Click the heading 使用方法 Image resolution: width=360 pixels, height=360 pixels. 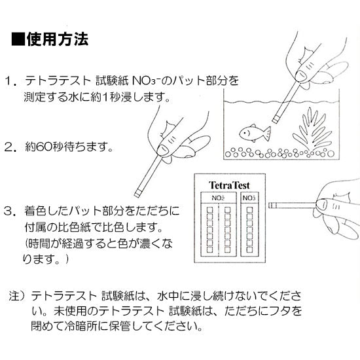pos(58,40)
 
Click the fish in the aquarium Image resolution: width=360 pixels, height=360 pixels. pos(252,133)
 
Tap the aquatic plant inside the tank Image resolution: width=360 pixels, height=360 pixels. pos(310,132)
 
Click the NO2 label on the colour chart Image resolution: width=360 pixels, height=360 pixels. pos(218,197)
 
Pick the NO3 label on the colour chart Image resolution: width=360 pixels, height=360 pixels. pos(249,197)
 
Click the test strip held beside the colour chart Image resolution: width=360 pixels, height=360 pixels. pos(288,206)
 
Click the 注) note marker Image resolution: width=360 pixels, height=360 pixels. pos(14,295)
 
